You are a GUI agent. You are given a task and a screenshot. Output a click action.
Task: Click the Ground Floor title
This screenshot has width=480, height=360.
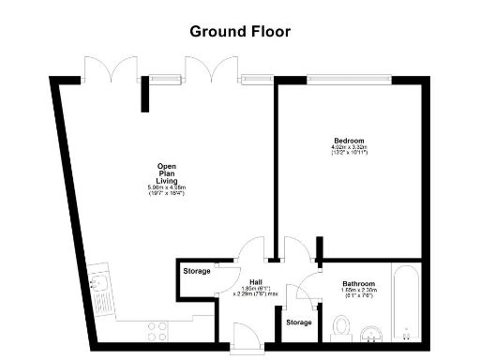click(x=240, y=31)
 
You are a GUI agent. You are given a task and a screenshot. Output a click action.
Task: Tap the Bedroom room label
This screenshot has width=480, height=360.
click(x=348, y=141)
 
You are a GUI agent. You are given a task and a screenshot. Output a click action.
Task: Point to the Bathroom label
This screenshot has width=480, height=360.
click(x=358, y=283)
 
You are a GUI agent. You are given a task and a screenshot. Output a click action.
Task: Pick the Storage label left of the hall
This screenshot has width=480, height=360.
click(x=197, y=272)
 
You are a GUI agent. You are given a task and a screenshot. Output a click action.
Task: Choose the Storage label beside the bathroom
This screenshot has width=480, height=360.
click(x=298, y=322)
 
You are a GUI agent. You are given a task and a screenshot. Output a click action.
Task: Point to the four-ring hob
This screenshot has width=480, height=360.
click(x=157, y=329)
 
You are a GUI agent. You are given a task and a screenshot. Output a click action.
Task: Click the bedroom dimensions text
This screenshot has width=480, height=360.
click(x=348, y=150)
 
